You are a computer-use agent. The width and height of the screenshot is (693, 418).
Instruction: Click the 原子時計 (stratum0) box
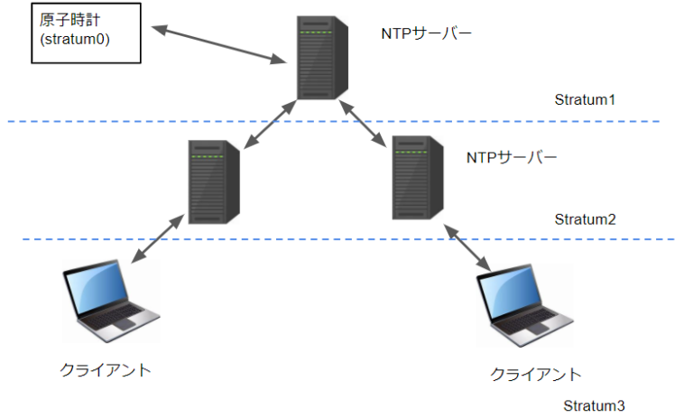click(86, 33)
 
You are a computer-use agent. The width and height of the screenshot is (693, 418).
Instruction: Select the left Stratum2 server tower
click(213, 180)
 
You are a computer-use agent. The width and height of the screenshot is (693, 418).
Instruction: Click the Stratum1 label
click(584, 98)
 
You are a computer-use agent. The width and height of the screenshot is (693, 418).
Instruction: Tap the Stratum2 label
click(584, 219)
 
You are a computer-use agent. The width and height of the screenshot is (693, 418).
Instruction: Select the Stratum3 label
click(594, 405)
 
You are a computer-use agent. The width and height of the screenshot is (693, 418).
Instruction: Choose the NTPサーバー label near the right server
click(512, 157)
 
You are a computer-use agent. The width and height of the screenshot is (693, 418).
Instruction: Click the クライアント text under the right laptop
click(535, 374)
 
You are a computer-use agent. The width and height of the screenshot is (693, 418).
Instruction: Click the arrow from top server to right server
click(365, 123)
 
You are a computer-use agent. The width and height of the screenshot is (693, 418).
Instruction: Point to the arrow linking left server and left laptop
click(159, 238)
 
